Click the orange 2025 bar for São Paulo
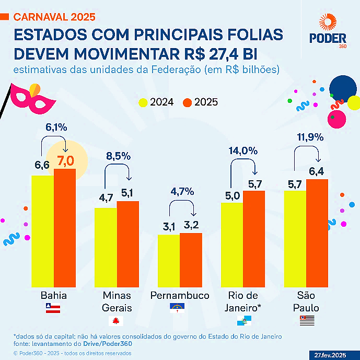tap(317, 233)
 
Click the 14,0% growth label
tap(243, 151)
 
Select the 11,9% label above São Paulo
tap(309, 137)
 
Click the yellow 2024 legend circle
tap(143, 102)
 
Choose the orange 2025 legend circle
tap(187, 102)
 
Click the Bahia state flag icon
tap(54, 308)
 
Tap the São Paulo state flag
tap(307, 320)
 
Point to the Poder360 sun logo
tap(328, 22)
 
